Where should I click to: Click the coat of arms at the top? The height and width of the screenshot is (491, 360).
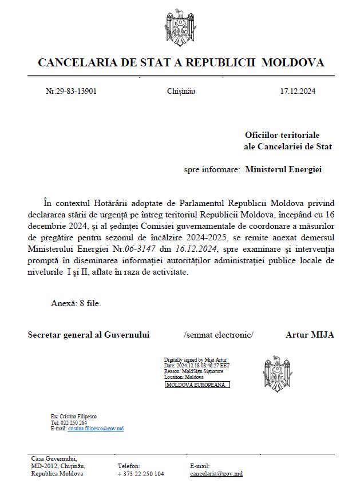[x=180, y=26]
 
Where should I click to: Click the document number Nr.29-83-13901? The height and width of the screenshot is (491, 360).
[x=71, y=91]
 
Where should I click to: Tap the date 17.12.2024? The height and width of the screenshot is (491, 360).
[x=297, y=91]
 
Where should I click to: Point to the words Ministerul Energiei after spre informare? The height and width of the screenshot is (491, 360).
[x=283, y=169]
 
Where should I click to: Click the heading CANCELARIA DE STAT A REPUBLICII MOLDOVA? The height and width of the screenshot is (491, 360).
[x=180, y=62]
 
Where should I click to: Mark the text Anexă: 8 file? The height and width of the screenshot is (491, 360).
[x=74, y=303]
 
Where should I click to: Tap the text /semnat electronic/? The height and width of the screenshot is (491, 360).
[x=218, y=335]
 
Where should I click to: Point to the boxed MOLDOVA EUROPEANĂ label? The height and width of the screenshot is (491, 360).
[x=197, y=385]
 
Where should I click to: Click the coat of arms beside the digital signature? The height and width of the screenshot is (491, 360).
[x=277, y=372]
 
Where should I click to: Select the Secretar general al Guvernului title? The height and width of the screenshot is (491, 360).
[x=89, y=335]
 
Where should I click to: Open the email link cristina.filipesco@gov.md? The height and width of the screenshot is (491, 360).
[x=96, y=428]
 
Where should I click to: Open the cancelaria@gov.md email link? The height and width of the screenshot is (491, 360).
[x=216, y=474]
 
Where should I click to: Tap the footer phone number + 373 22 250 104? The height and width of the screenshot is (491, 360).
[x=141, y=474]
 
